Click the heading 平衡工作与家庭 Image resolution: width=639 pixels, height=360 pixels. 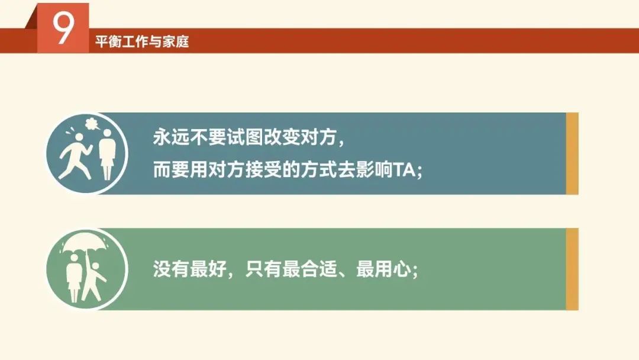(x=142, y=41)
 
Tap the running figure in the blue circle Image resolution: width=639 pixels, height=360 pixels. (x=75, y=156)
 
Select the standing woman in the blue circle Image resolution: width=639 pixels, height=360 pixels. (x=106, y=155)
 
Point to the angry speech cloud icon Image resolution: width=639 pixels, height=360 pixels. (x=92, y=124)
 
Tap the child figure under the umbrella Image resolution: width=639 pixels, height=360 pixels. (x=93, y=281)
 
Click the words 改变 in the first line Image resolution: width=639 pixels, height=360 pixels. (x=282, y=137)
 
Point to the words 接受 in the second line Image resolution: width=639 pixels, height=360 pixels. (x=263, y=170)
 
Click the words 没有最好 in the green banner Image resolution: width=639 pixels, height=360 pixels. (x=189, y=269)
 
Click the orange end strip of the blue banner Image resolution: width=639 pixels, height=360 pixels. (x=572, y=153)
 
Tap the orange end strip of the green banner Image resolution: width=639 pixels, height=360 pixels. (x=572, y=269)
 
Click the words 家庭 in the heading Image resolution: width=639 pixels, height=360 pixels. (x=176, y=41)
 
